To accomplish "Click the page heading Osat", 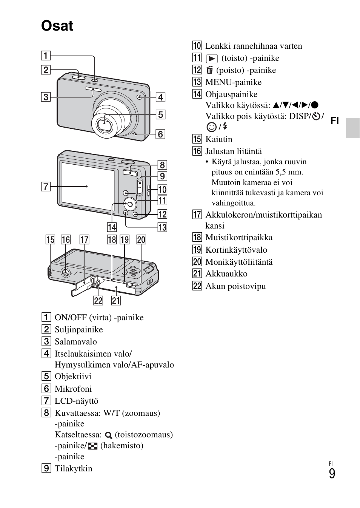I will pos(57,26).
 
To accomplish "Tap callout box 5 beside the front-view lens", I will pos(160,114).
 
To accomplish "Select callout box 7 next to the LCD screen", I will pos(46,186).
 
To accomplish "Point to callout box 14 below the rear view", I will pos(112,227).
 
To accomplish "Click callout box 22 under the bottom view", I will pos(98,300).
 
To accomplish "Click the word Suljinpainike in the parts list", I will pos(78,329).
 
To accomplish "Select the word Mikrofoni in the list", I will pos(73,389).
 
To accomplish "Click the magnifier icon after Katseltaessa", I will pos(109,435).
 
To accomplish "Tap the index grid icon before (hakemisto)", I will pos(92,446).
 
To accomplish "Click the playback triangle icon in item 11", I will pos(212,59).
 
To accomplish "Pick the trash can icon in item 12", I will pos(210,70).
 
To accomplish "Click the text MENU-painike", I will pos(233,82).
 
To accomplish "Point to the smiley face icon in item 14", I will pos(211,127).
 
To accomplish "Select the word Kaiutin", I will pos(218,139).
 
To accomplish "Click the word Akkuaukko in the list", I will pos(226,274).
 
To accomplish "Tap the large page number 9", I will pos(332,474).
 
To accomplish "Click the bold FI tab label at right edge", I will pos(335,121).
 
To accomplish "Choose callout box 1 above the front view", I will pos(46,56).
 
